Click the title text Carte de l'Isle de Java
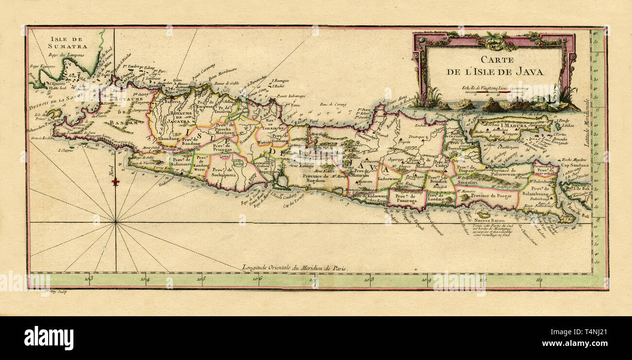pyautogui.click(x=495, y=66)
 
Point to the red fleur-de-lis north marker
pyautogui.click(x=115, y=181)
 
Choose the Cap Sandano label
pyautogui.click(x=575, y=165)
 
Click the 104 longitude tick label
pyautogui.click(x=145, y=279)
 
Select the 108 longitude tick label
pyautogui.click(x=370, y=279)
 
